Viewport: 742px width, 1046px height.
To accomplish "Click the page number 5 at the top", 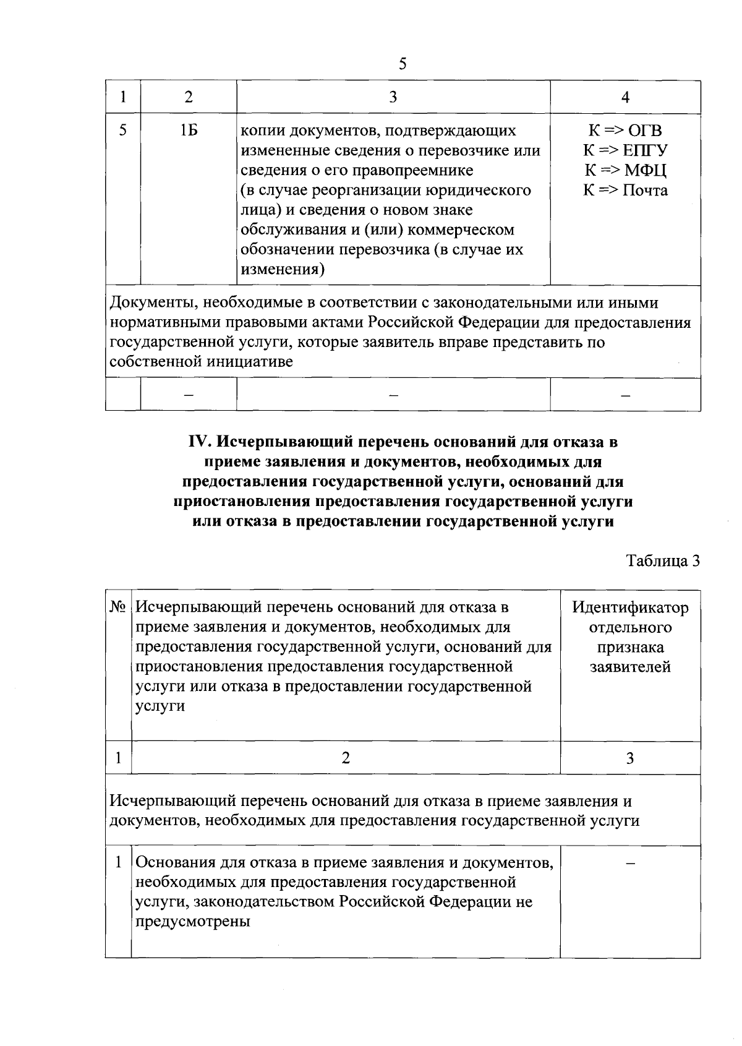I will click(403, 64).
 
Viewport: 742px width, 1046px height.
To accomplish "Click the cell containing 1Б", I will click(189, 131).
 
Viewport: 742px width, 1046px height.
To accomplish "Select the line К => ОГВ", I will click(625, 131).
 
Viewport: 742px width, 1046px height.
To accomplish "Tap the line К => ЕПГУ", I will click(625, 150).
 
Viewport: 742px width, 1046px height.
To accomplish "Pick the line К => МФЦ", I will click(625, 170).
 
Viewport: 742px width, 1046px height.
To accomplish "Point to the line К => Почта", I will click(625, 190).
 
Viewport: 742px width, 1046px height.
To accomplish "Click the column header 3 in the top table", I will click(393, 97).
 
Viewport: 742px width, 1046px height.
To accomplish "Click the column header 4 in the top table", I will click(625, 97).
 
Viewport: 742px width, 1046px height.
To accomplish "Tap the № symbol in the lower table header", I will click(118, 608).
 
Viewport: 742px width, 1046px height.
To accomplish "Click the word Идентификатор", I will click(630, 608).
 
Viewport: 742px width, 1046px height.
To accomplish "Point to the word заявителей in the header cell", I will click(630, 667).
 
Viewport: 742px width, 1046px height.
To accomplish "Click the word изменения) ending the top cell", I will click(283, 270).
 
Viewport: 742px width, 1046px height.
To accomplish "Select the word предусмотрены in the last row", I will click(193, 922).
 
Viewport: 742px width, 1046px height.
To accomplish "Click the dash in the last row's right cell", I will click(630, 864).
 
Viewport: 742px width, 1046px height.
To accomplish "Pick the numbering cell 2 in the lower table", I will click(346, 758).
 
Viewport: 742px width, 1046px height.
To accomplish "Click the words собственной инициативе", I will click(201, 362).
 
